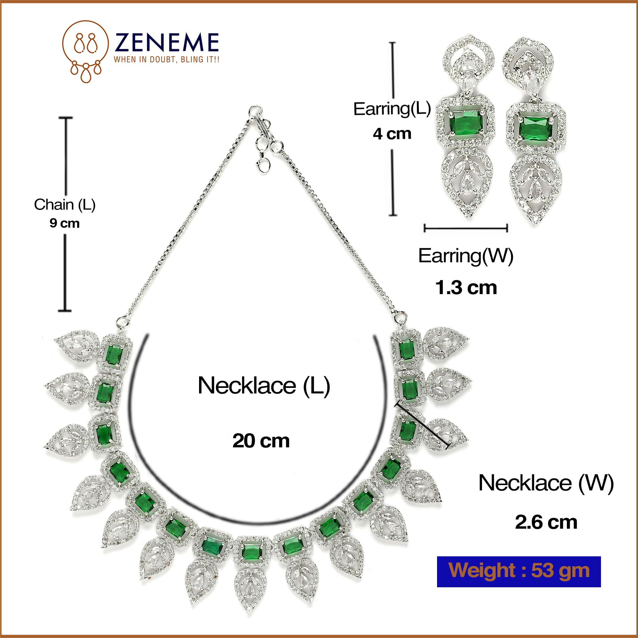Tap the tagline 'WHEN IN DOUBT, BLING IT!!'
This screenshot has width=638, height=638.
[167, 59]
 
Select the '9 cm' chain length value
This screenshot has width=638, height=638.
[64, 223]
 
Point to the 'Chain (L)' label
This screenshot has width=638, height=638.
[65, 205]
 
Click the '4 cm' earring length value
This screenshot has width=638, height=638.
[392, 134]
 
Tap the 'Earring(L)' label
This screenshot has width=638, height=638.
[392, 109]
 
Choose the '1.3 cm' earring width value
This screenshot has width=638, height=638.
[466, 288]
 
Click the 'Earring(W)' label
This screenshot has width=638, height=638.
[466, 256]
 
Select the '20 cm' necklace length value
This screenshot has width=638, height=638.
[261, 441]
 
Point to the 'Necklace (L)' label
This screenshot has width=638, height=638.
[264, 386]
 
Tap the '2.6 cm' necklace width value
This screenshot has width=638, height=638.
[546, 523]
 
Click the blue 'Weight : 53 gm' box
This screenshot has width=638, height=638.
[519, 572]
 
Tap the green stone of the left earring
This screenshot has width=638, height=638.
[466, 123]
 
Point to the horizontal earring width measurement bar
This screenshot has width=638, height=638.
[466, 228]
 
